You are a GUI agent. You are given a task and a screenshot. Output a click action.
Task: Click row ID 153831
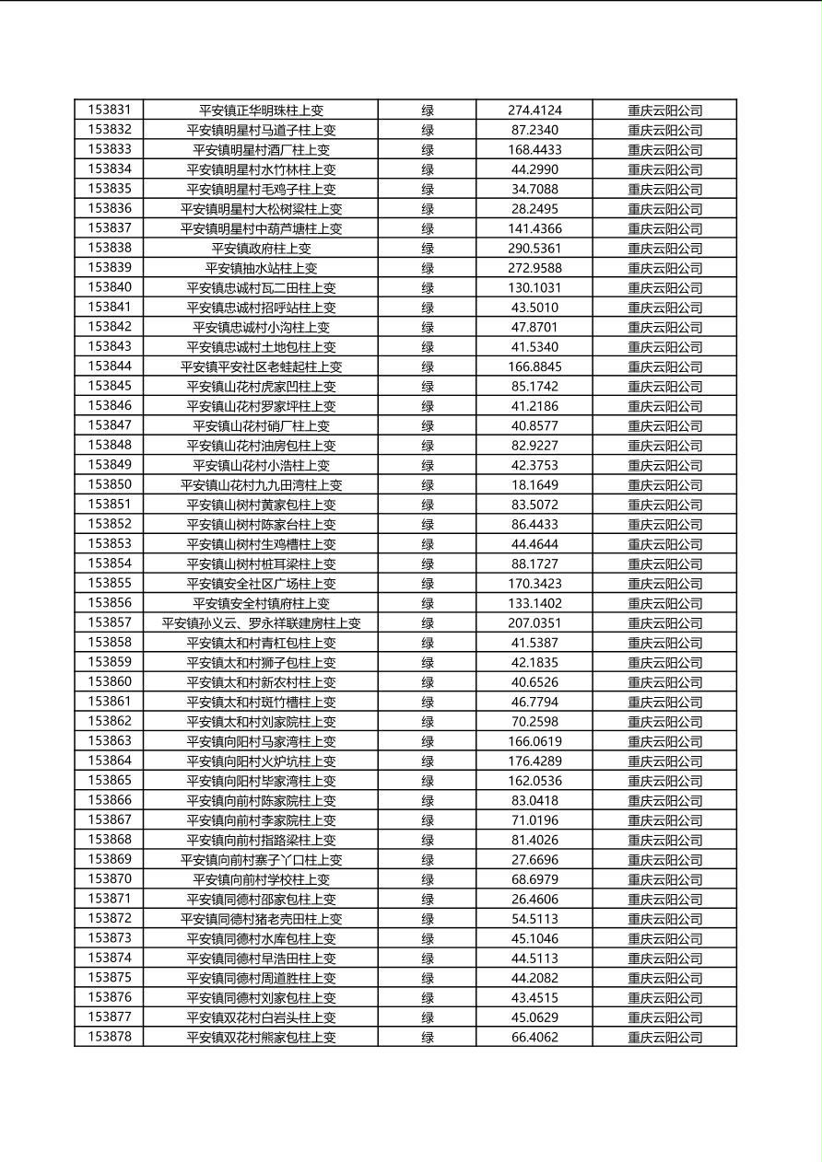(110, 110)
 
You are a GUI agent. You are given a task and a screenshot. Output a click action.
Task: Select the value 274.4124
(534, 110)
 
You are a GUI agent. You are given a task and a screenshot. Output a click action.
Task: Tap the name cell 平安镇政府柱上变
(261, 249)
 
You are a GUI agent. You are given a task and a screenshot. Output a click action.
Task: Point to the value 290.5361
(534, 249)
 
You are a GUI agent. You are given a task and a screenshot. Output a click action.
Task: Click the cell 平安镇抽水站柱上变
(261, 268)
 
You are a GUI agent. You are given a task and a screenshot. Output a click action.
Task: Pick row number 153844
(110, 366)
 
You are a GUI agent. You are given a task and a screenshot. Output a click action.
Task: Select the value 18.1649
(534, 485)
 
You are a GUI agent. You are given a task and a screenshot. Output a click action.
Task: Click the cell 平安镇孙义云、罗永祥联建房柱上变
(261, 623)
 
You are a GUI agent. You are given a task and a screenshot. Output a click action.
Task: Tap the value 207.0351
(534, 623)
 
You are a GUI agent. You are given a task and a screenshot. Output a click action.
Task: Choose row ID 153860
(110, 682)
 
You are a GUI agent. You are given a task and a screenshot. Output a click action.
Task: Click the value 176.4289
(534, 761)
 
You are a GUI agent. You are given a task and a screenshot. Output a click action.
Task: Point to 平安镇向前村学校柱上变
(261, 879)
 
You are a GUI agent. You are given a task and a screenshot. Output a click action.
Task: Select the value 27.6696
(534, 860)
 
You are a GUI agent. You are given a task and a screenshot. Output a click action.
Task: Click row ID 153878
(110, 1037)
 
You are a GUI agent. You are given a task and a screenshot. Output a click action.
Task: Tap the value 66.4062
(534, 1038)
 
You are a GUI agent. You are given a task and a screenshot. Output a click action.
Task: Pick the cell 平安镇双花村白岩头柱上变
(261, 1017)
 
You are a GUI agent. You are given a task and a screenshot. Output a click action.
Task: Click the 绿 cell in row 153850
(428, 485)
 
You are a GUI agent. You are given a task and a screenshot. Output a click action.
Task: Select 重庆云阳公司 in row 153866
(664, 801)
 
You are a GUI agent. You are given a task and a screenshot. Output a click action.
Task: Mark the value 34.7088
(534, 190)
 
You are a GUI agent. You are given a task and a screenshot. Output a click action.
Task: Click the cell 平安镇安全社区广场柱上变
(261, 584)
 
